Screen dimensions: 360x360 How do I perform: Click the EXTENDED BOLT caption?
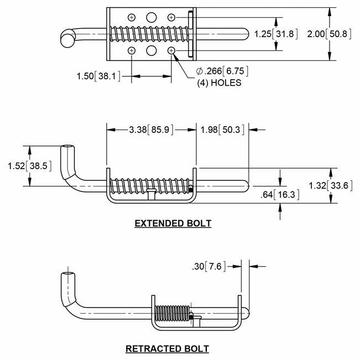[173, 223]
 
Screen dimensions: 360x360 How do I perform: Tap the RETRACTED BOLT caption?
[168, 348]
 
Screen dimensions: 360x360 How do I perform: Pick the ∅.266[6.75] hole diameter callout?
[222, 71]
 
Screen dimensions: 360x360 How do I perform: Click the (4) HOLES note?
[219, 82]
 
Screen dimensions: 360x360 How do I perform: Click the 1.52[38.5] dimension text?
[27, 165]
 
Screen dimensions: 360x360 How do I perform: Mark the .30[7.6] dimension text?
[212, 267]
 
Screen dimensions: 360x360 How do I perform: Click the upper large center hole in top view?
[151, 18]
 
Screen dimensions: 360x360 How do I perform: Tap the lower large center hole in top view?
[151, 51]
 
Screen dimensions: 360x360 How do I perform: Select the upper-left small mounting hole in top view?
[131, 18]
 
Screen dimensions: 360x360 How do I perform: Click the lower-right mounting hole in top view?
[171, 51]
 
